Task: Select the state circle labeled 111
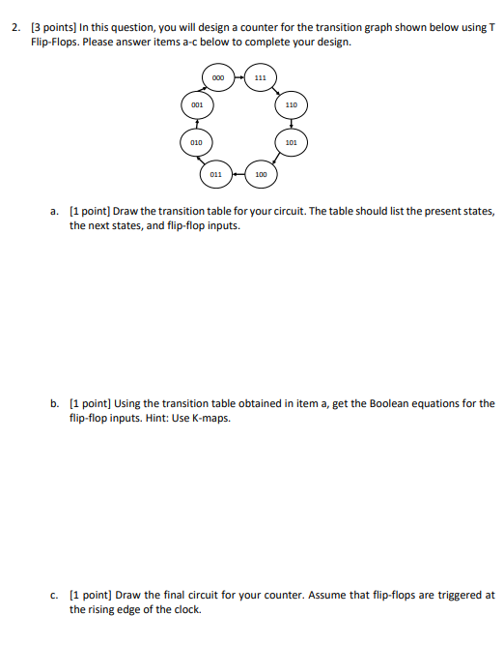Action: (x=259, y=76)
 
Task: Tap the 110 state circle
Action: (x=291, y=103)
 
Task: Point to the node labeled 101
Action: (x=291, y=142)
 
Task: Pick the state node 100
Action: (x=260, y=174)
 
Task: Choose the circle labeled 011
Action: (x=215, y=174)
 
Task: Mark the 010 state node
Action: (x=196, y=142)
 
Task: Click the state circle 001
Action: (x=196, y=103)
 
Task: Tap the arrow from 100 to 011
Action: (x=238, y=174)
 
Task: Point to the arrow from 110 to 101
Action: (x=291, y=123)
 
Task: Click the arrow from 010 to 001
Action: (x=196, y=123)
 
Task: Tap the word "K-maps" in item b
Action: (x=211, y=419)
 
